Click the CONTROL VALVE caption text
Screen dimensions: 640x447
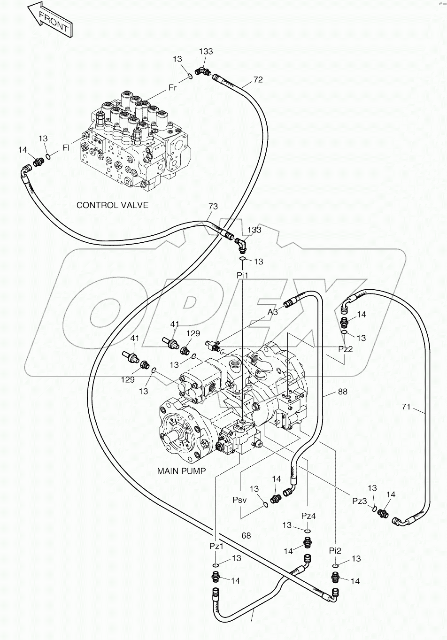[x=112, y=205]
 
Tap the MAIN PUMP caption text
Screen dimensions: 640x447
[x=181, y=471]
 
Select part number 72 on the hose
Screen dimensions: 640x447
[x=258, y=80]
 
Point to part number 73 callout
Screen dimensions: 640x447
[x=213, y=207]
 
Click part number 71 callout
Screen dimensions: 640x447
[x=406, y=407]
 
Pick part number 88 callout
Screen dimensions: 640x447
[x=343, y=392]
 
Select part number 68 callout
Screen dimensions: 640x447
[x=246, y=535]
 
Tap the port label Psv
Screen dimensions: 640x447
[x=239, y=500]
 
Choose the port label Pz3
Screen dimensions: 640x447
[x=360, y=501]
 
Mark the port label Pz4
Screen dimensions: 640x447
[x=308, y=516]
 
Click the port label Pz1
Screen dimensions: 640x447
[x=216, y=546]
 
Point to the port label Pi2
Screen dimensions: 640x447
[x=335, y=550]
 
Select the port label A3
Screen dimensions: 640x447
[x=273, y=312]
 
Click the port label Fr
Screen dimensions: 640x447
[x=173, y=88]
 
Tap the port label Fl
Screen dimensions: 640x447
[x=66, y=148]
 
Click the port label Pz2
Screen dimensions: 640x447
[x=346, y=349]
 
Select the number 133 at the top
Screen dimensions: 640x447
[x=206, y=51]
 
